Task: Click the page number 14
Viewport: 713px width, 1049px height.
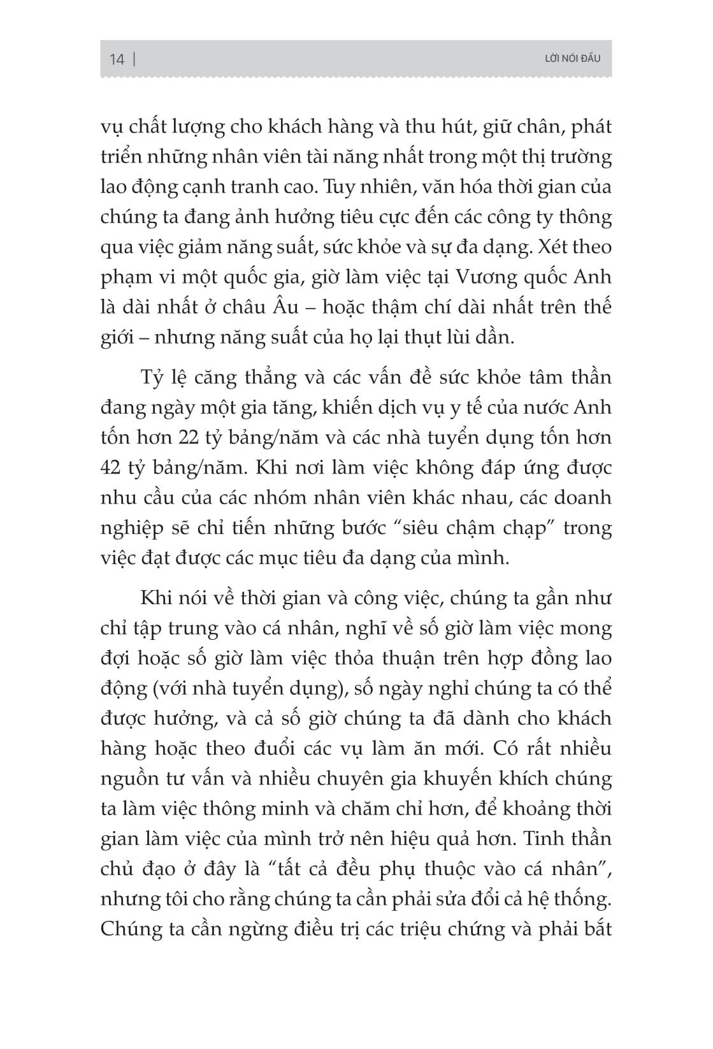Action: point(117,60)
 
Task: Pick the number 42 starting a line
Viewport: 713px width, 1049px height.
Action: point(113,467)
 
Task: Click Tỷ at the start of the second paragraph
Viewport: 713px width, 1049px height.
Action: point(153,377)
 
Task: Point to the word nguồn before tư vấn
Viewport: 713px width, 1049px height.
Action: point(127,779)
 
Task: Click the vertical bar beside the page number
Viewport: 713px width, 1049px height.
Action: point(134,60)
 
